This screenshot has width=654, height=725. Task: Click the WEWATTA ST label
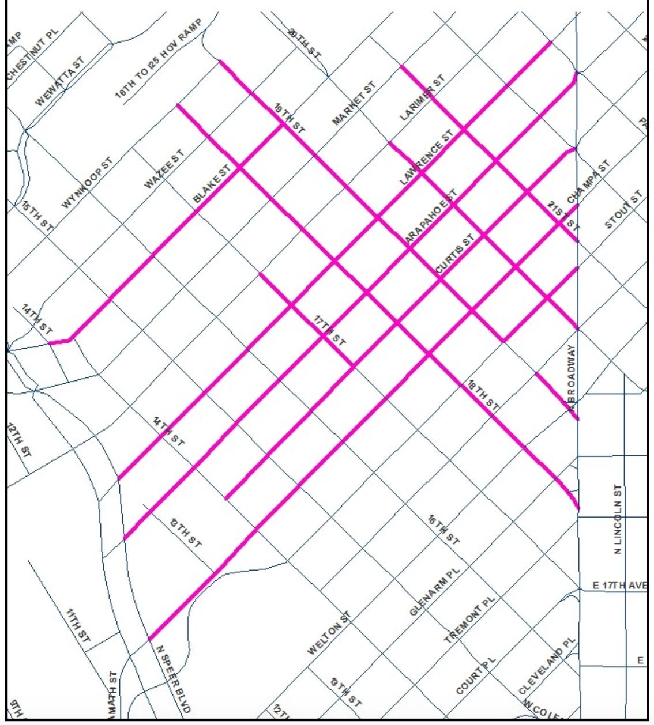point(60,81)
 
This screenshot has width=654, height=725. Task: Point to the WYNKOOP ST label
point(88,182)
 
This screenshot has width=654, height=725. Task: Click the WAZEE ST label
point(164,169)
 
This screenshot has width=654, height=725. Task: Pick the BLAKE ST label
point(212,183)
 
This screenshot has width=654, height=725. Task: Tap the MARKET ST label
point(354,104)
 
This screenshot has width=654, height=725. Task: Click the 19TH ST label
point(289,119)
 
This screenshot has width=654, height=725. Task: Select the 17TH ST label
point(330,331)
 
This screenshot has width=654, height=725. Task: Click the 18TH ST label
point(483,395)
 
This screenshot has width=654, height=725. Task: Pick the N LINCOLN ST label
point(618,519)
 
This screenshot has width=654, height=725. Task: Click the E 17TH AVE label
point(619,586)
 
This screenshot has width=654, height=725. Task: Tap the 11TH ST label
point(78,626)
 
